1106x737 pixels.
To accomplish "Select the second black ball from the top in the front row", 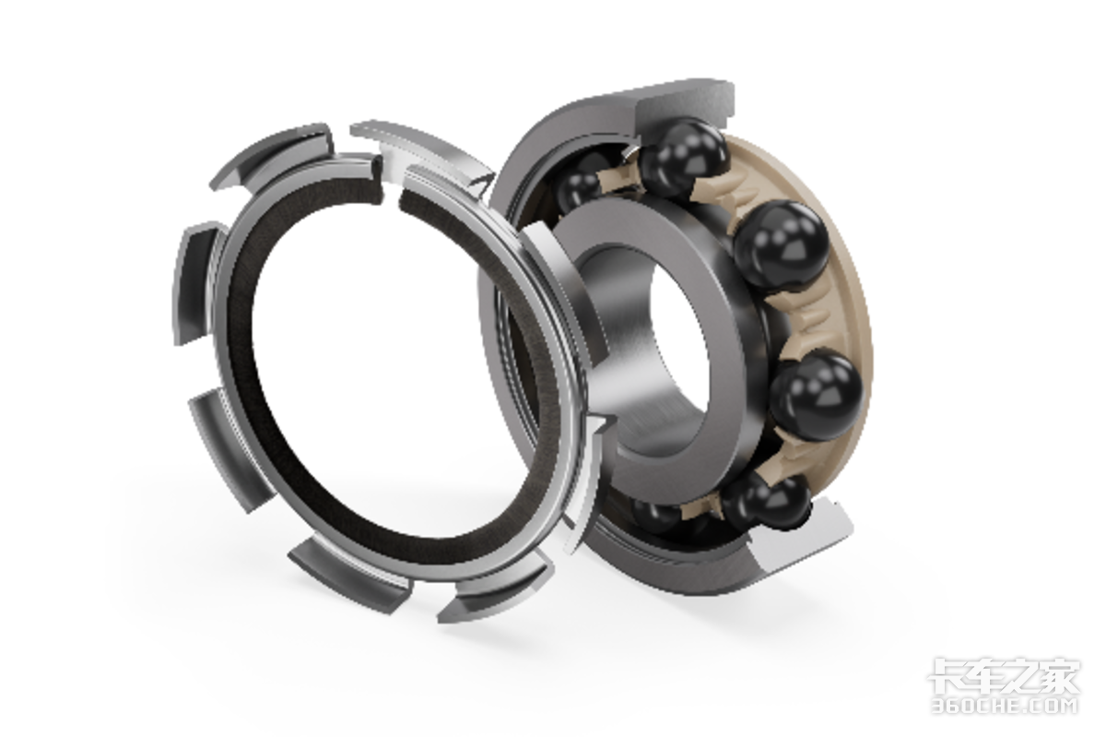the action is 782,245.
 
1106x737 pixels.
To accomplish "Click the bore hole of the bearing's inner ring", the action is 680,342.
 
